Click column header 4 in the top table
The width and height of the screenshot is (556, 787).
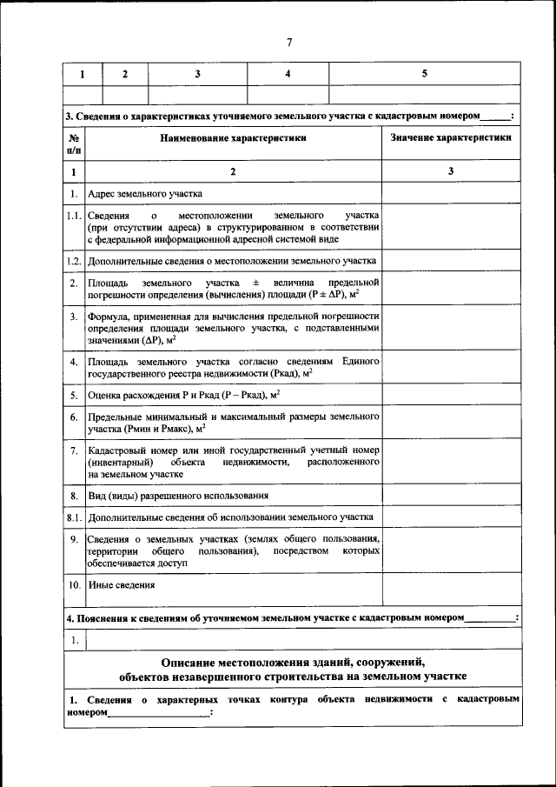pyautogui.click(x=288, y=74)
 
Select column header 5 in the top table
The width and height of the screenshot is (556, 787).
pyautogui.click(x=424, y=74)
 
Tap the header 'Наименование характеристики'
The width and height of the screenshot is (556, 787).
pyautogui.click(x=233, y=137)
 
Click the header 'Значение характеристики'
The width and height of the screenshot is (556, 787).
pyautogui.click(x=451, y=137)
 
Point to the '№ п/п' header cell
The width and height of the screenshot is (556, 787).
pyautogui.click(x=75, y=143)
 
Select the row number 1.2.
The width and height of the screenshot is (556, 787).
pyautogui.click(x=75, y=260)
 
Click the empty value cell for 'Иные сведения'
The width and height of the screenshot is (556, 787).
pyautogui.click(x=451, y=591)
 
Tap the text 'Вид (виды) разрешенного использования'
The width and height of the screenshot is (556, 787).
pyautogui.click(x=178, y=495)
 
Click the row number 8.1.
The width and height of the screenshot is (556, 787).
pyautogui.click(x=75, y=517)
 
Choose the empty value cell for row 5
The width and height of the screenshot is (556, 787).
pyautogui.click(x=451, y=395)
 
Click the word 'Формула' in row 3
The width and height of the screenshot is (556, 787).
pyautogui.click(x=108, y=317)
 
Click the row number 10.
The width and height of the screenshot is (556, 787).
pyautogui.click(x=75, y=585)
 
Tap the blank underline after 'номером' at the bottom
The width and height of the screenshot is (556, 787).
pyautogui.click(x=160, y=712)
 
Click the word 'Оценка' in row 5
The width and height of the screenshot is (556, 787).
pyautogui.click(x=104, y=395)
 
